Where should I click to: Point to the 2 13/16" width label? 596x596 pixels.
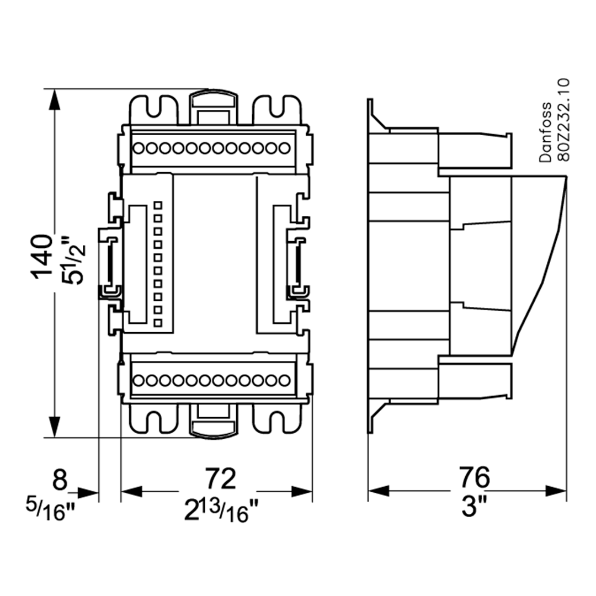(x=221, y=511)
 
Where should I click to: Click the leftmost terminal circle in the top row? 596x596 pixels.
(x=139, y=148)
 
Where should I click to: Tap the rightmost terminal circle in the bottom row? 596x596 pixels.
(x=284, y=380)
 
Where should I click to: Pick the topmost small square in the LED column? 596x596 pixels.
(x=158, y=205)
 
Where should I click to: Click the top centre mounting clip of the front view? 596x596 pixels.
(x=212, y=105)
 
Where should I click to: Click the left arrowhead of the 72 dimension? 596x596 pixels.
(x=130, y=490)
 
